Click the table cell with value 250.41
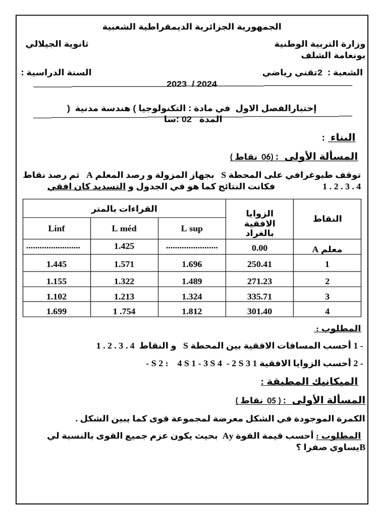coord(259,264)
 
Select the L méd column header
coord(124,229)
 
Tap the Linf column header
coord(56,229)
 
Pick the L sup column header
coord(192,229)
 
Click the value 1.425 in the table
coord(124,246)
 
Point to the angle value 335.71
coord(259,296)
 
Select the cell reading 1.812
coord(192,311)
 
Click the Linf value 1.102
coord(56,296)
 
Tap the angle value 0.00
coord(259,248)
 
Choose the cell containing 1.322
coord(124,281)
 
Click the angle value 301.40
coord(259,311)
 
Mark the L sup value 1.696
coord(192,264)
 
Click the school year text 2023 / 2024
coord(192,84)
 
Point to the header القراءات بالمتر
coord(124,209)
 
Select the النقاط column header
coord(327,218)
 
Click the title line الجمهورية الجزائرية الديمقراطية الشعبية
coord(192,27)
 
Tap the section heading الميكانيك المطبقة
coord(309,382)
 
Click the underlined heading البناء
coord(338,137)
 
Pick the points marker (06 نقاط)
coord(252,157)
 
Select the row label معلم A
coord(327,249)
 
